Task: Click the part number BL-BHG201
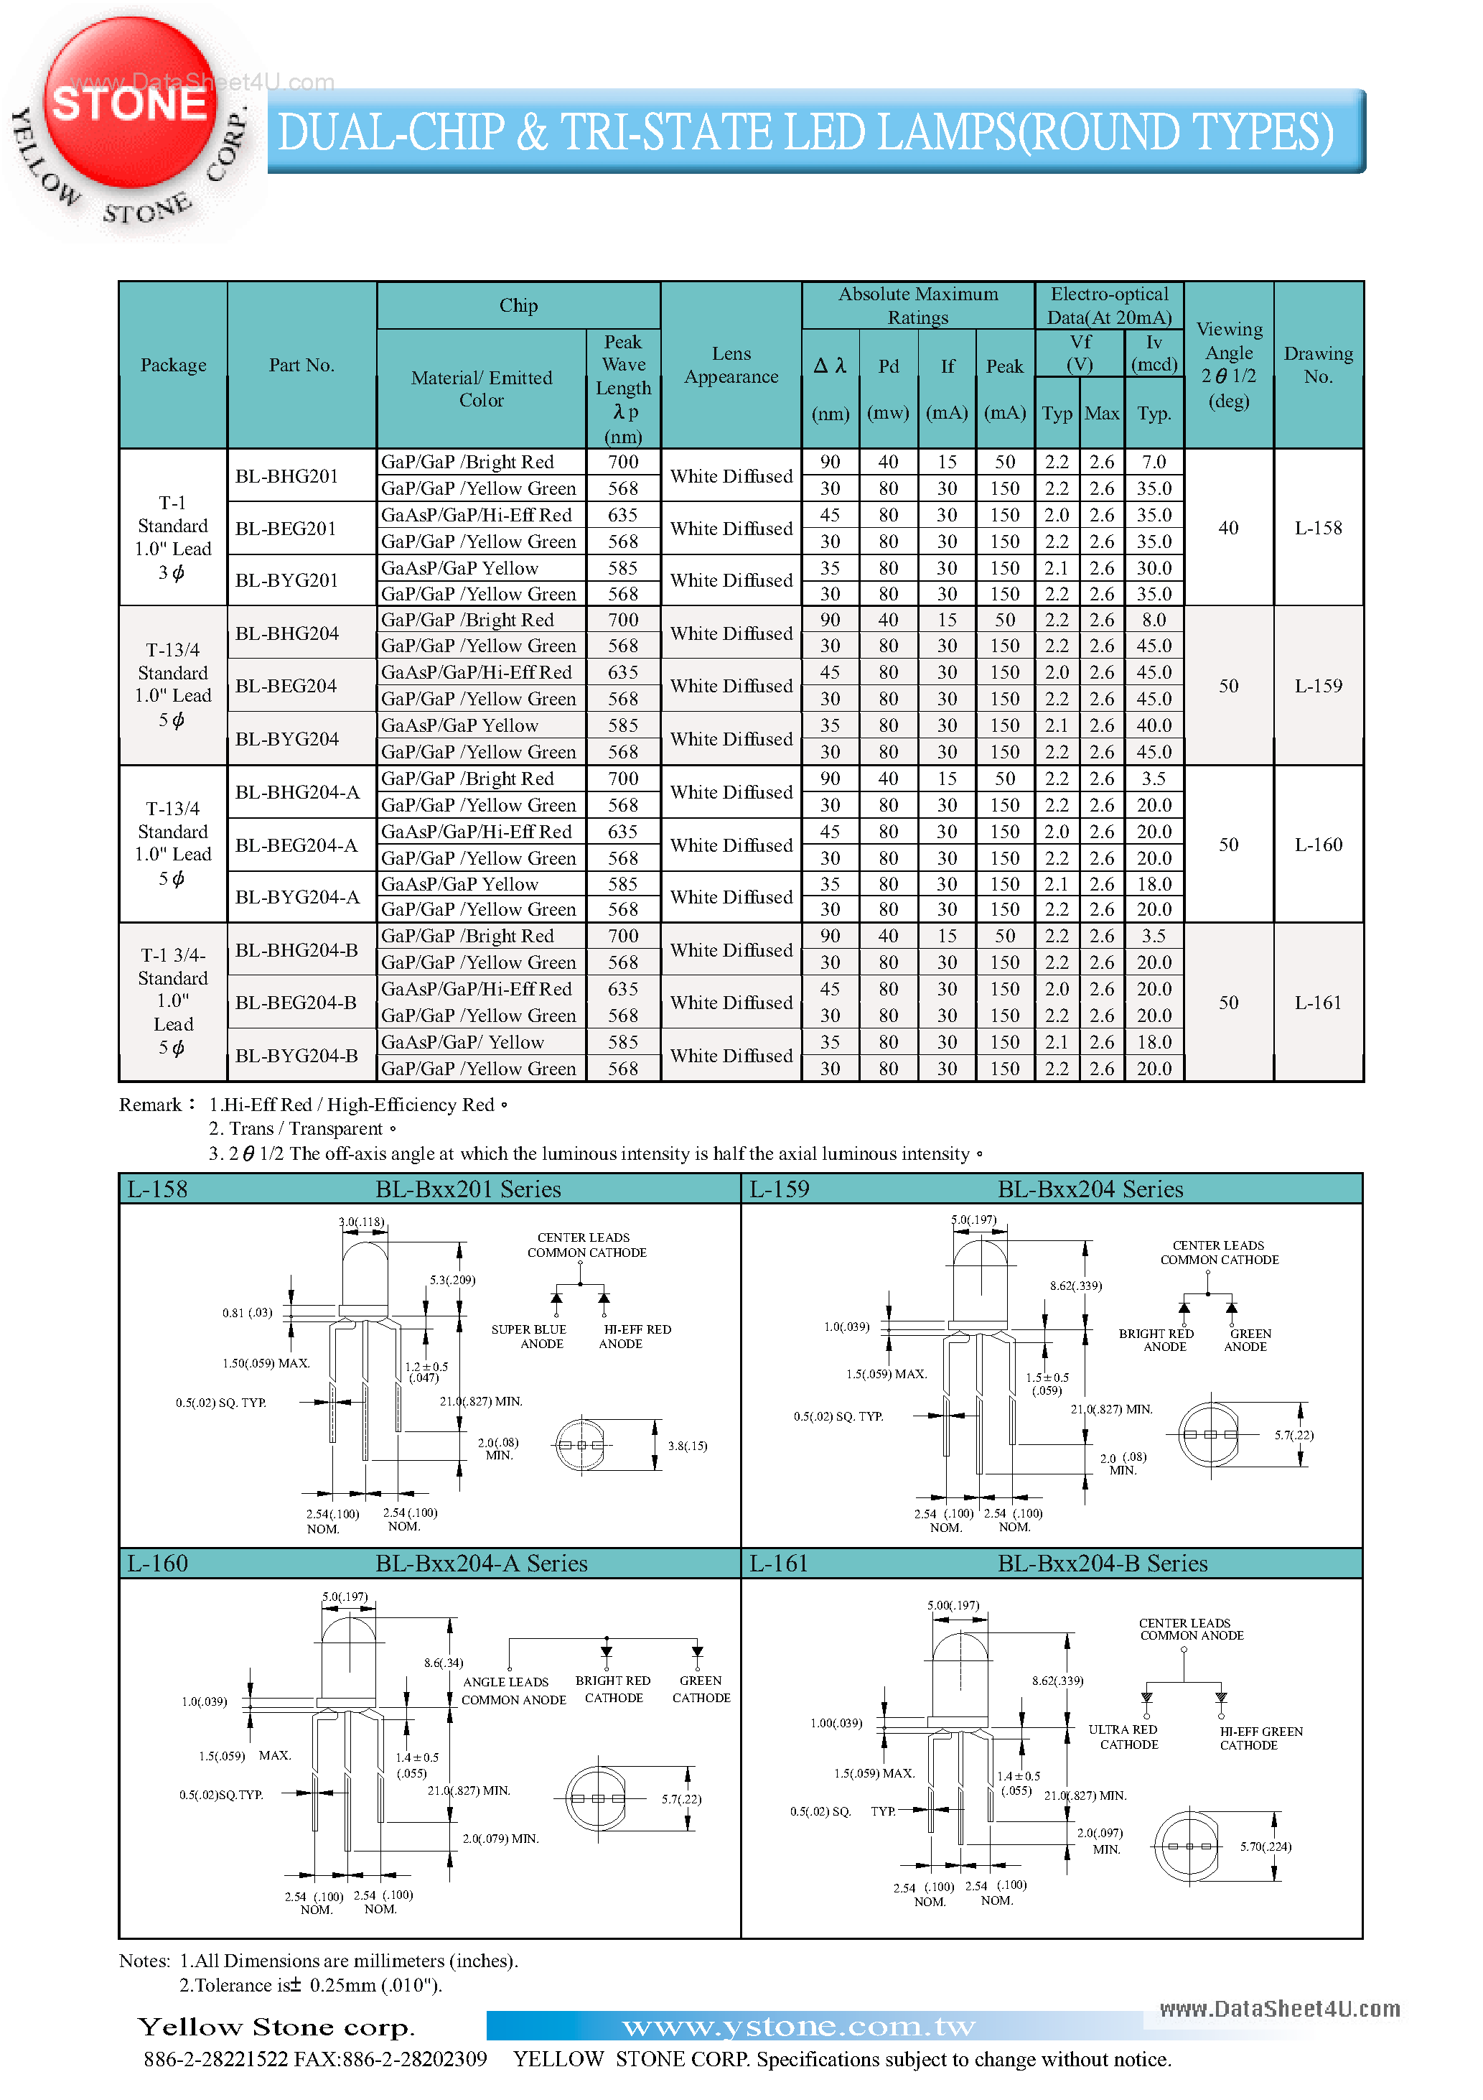click(x=286, y=475)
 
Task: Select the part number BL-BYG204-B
click(x=296, y=1056)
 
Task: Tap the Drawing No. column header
click(x=1317, y=365)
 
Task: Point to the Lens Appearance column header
click(x=731, y=365)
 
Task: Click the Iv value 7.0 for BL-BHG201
click(x=1154, y=462)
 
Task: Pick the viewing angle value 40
click(x=1228, y=528)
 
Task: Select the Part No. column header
click(x=301, y=365)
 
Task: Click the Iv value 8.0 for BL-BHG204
click(x=1154, y=620)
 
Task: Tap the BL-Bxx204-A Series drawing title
click(x=481, y=1563)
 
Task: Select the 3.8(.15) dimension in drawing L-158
click(x=688, y=1446)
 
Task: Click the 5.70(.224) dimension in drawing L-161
click(x=1266, y=1846)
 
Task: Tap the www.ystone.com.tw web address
click(x=798, y=2026)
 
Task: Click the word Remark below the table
click(x=151, y=1105)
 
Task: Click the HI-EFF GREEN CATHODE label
click(x=1260, y=1738)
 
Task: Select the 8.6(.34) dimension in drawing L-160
click(x=444, y=1663)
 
